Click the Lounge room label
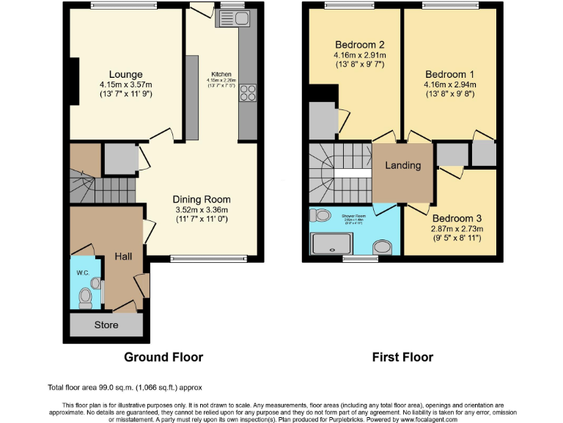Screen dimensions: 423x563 [125, 74]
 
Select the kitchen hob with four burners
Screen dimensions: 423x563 [248, 93]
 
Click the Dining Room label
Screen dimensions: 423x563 [202, 199]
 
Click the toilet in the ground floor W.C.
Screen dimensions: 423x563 [85, 297]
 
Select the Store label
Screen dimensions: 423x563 [106, 325]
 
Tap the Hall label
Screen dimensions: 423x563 [123, 256]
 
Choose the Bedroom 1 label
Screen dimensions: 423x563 [450, 74]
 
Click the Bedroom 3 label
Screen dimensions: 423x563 [457, 218]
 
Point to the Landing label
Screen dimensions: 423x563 [403, 165]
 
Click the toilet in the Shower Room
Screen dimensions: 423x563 [319, 216]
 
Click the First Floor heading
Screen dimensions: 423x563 [402, 358]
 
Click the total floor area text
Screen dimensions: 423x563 [125, 387]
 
